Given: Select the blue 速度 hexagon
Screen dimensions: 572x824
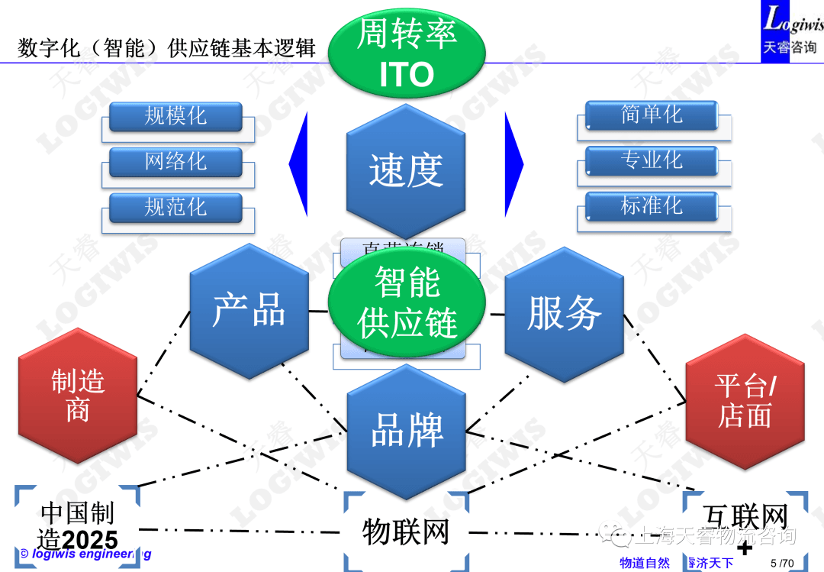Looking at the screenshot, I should (406, 170).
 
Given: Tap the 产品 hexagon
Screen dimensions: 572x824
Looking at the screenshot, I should (249, 311).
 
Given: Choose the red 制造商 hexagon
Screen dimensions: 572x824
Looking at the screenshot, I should (78, 396).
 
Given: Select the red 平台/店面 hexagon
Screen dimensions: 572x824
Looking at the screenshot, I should (745, 402).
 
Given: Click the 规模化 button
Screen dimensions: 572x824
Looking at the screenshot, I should (175, 116).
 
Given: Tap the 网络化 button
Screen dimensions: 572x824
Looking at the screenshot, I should (175, 162).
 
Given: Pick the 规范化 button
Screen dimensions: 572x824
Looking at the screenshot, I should (175, 207).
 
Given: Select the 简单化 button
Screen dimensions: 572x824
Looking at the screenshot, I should (652, 115).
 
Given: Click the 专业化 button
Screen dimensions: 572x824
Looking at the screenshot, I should (652, 160).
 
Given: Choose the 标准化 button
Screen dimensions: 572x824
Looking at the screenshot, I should (652, 205).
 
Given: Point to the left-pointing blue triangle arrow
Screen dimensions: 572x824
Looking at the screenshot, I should (301, 164).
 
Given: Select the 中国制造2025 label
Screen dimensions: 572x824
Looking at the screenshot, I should (77, 525).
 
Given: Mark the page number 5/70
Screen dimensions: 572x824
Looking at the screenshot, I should (782, 564).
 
